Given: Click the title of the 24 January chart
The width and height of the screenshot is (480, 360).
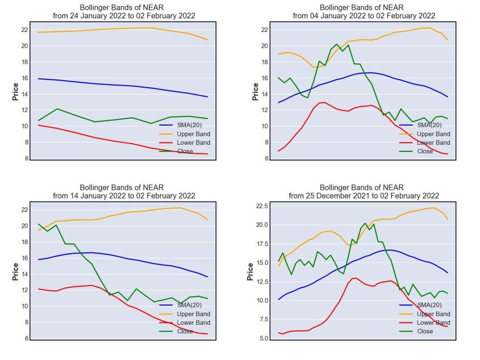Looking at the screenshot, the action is tap(124, 12).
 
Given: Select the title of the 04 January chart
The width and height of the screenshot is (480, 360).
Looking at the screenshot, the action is tap(364, 12).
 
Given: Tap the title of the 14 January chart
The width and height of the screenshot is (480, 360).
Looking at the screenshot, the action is tap(124, 192).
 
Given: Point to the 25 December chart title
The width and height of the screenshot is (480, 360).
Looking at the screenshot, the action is tap(364, 192).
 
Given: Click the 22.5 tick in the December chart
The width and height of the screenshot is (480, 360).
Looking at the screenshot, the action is tap(262, 206).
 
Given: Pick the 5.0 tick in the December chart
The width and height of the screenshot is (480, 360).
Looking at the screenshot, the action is tap(263, 338).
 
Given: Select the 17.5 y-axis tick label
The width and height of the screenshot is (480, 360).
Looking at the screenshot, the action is tap(262, 244).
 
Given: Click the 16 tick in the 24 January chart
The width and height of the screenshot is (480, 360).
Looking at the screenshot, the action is tap(25, 78).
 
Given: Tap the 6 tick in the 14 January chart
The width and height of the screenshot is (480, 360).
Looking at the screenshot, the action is tap(27, 338).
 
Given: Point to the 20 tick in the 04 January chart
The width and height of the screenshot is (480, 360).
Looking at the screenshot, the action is tap(264, 46).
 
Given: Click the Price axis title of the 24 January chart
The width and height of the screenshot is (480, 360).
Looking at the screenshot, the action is tap(15, 91).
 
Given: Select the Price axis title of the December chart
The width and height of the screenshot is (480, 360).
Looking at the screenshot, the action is tap(250, 272).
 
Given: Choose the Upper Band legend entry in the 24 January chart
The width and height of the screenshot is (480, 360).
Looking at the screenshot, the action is tap(185, 134).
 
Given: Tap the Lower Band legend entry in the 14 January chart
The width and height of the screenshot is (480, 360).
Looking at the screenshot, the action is tap(185, 322).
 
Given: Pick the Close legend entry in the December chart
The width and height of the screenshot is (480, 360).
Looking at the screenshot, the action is tap(416, 331).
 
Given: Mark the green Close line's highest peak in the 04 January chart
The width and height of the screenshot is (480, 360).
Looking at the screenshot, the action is tap(337, 44).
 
